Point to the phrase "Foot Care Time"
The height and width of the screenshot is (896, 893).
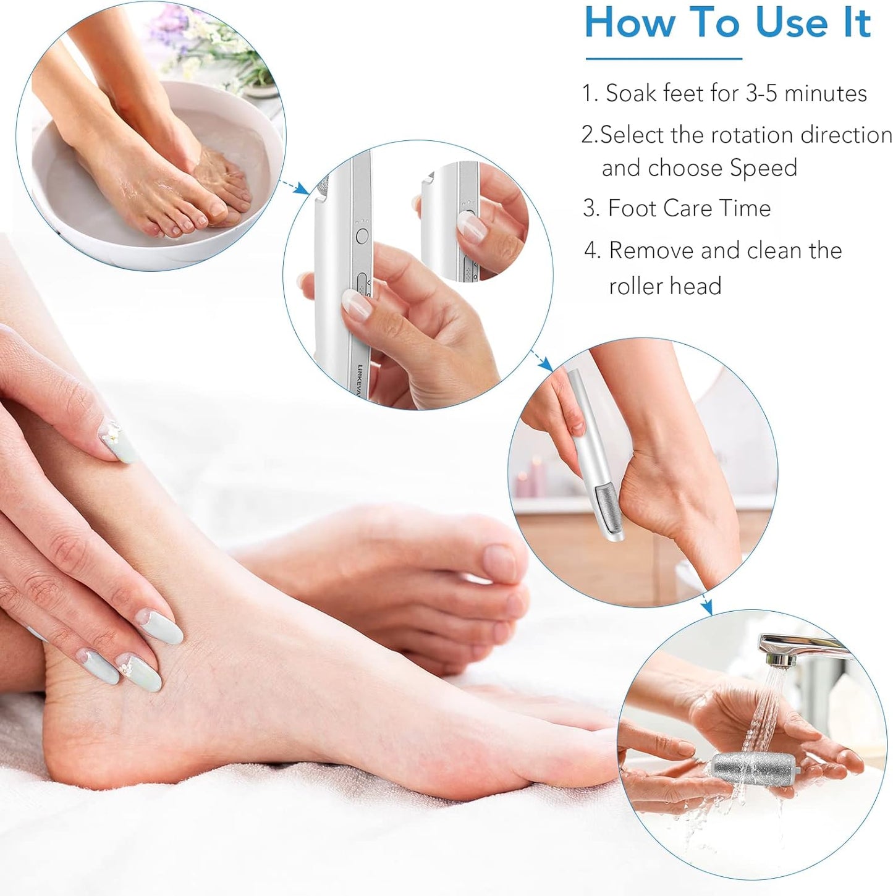pos(689,208)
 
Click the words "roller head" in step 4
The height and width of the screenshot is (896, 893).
pos(665,286)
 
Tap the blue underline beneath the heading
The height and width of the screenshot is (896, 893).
pos(664,59)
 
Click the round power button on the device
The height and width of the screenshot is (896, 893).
pos(363,235)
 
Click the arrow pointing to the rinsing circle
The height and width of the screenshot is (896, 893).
pos(705,605)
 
